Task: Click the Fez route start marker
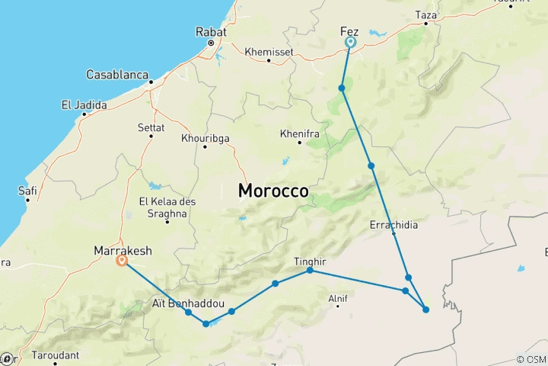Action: click(351, 43)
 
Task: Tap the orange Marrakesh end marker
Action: click(122, 260)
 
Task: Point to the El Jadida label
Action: click(84, 104)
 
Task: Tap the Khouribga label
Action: click(205, 138)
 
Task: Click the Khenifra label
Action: click(300, 133)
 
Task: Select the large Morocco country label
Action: click(273, 191)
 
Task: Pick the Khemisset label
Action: click(269, 52)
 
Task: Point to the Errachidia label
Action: click(393, 225)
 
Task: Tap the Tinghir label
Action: click(310, 262)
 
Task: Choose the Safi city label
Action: click(27, 191)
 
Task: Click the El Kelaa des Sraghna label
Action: click(163, 207)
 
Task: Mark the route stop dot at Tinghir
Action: click(310, 271)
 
